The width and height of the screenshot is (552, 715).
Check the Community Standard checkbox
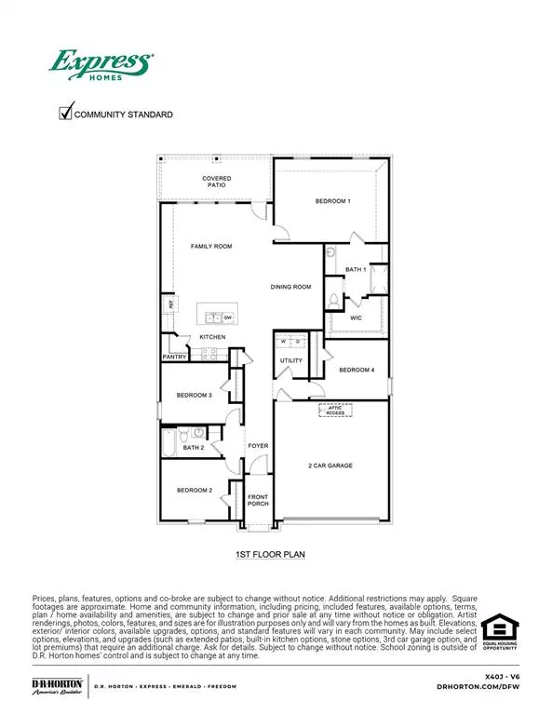pyautogui.click(x=66, y=114)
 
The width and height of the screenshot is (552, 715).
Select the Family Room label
pyautogui.click(x=211, y=247)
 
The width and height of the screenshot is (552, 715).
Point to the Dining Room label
pyautogui.click(x=290, y=288)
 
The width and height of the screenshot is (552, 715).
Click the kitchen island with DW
pyautogui.click(x=216, y=317)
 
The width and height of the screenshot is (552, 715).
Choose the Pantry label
pyautogui.click(x=175, y=357)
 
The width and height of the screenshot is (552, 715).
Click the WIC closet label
pyautogui.click(x=356, y=317)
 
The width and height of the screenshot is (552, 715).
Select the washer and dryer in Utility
pyautogui.click(x=290, y=341)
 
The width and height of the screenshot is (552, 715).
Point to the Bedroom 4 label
pyautogui.click(x=357, y=371)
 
